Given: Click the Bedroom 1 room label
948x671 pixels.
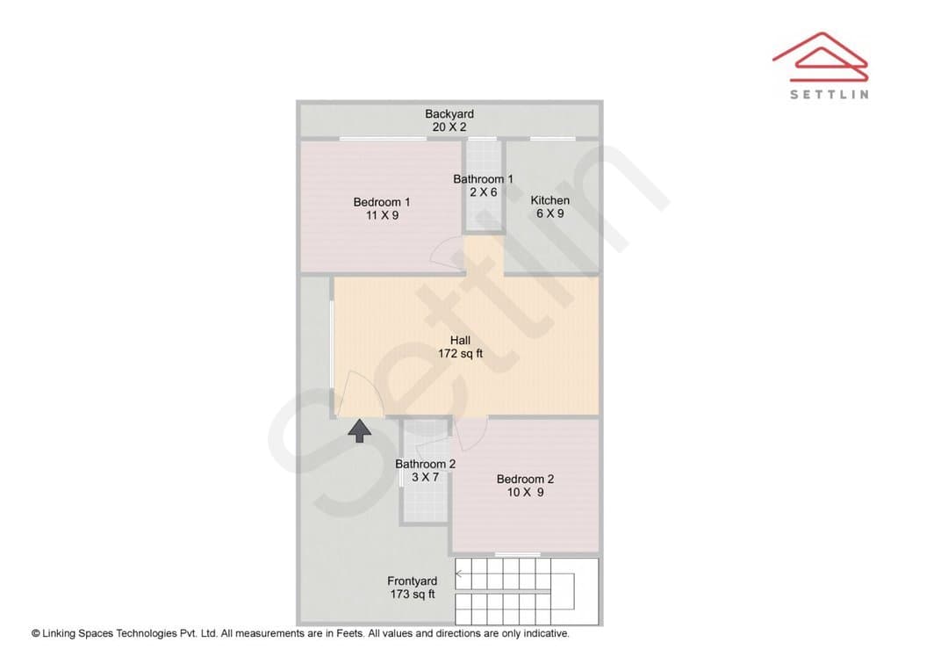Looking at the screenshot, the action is [x=382, y=202].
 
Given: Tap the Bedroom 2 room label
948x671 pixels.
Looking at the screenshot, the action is [x=525, y=479].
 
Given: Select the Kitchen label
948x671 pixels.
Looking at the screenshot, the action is [x=549, y=200].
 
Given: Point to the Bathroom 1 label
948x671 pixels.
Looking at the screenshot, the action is [x=483, y=179].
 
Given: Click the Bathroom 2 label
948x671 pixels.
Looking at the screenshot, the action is [x=425, y=464].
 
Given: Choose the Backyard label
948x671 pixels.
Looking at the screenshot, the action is [x=449, y=114].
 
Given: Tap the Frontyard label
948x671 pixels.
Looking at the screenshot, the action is [x=412, y=581].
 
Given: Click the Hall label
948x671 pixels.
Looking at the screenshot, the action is [x=460, y=340].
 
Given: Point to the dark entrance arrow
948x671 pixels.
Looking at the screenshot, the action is [x=360, y=430].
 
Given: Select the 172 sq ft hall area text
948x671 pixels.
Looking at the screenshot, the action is [x=460, y=353].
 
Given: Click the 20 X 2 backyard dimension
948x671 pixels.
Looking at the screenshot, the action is [x=449, y=127].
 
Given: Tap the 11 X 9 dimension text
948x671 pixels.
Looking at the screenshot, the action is [x=382, y=215].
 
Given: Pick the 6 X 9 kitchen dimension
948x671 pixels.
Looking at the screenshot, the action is [x=549, y=213].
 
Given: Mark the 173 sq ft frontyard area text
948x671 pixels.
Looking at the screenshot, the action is [x=413, y=595].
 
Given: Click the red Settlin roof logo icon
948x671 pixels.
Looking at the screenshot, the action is [x=821, y=57].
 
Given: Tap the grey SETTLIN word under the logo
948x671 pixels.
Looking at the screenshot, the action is [x=829, y=94].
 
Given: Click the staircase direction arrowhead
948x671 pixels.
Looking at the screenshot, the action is [x=459, y=574].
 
